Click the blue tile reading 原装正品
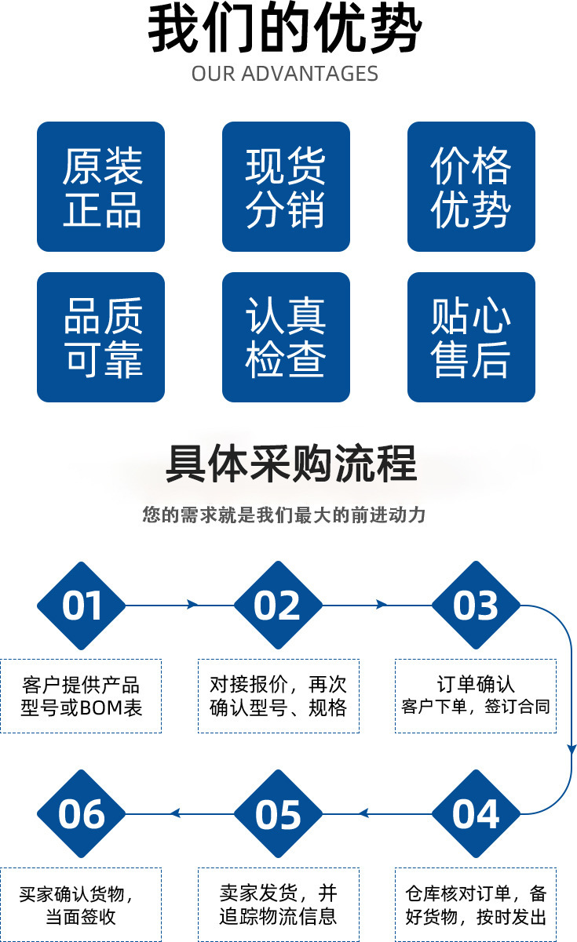(x=100, y=187)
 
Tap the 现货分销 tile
(x=286, y=187)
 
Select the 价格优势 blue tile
(x=471, y=187)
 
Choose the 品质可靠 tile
(x=100, y=337)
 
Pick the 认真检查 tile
(x=286, y=337)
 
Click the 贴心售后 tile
(x=471, y=337)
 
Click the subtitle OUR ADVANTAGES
(x=285, y=75)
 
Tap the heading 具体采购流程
(x=290, y=464)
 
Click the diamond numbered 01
(x=82, y=606)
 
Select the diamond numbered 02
(x=278, y=606)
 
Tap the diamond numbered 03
(x=476, y=606)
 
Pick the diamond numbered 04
(x=476, y=813)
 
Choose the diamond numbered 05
(x=278, y=813)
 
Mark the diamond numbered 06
(x=82, y=813)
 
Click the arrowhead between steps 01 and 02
(x=192, y=605)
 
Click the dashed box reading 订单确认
(x=476, y=696)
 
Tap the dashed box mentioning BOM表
(x=81, y=696)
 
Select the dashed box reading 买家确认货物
(x=81, y=904)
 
